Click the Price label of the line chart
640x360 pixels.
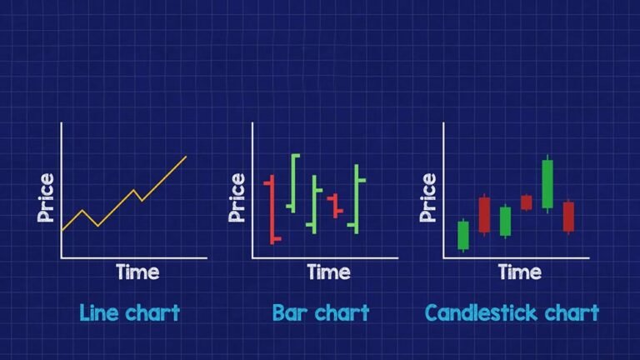(47, 197)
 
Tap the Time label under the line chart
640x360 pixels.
(137, 272)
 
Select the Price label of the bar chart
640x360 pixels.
(237, 197)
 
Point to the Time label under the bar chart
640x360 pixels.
(328, 272)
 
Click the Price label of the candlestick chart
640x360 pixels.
(428, 197)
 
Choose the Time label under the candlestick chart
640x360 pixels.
(519, 272)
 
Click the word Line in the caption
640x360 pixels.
(98, 313)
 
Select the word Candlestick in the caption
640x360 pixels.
(477, 313)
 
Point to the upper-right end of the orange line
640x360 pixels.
(185, 157)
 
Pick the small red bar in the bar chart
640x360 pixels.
(335, 205)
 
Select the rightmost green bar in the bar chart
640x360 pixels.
(357, 198)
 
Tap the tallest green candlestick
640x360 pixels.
(547, 183)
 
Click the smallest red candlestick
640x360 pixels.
(526, 202)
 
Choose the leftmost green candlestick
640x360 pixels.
(463, 235)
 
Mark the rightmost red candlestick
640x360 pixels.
(568, 216)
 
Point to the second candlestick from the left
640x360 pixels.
(484, 214)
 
